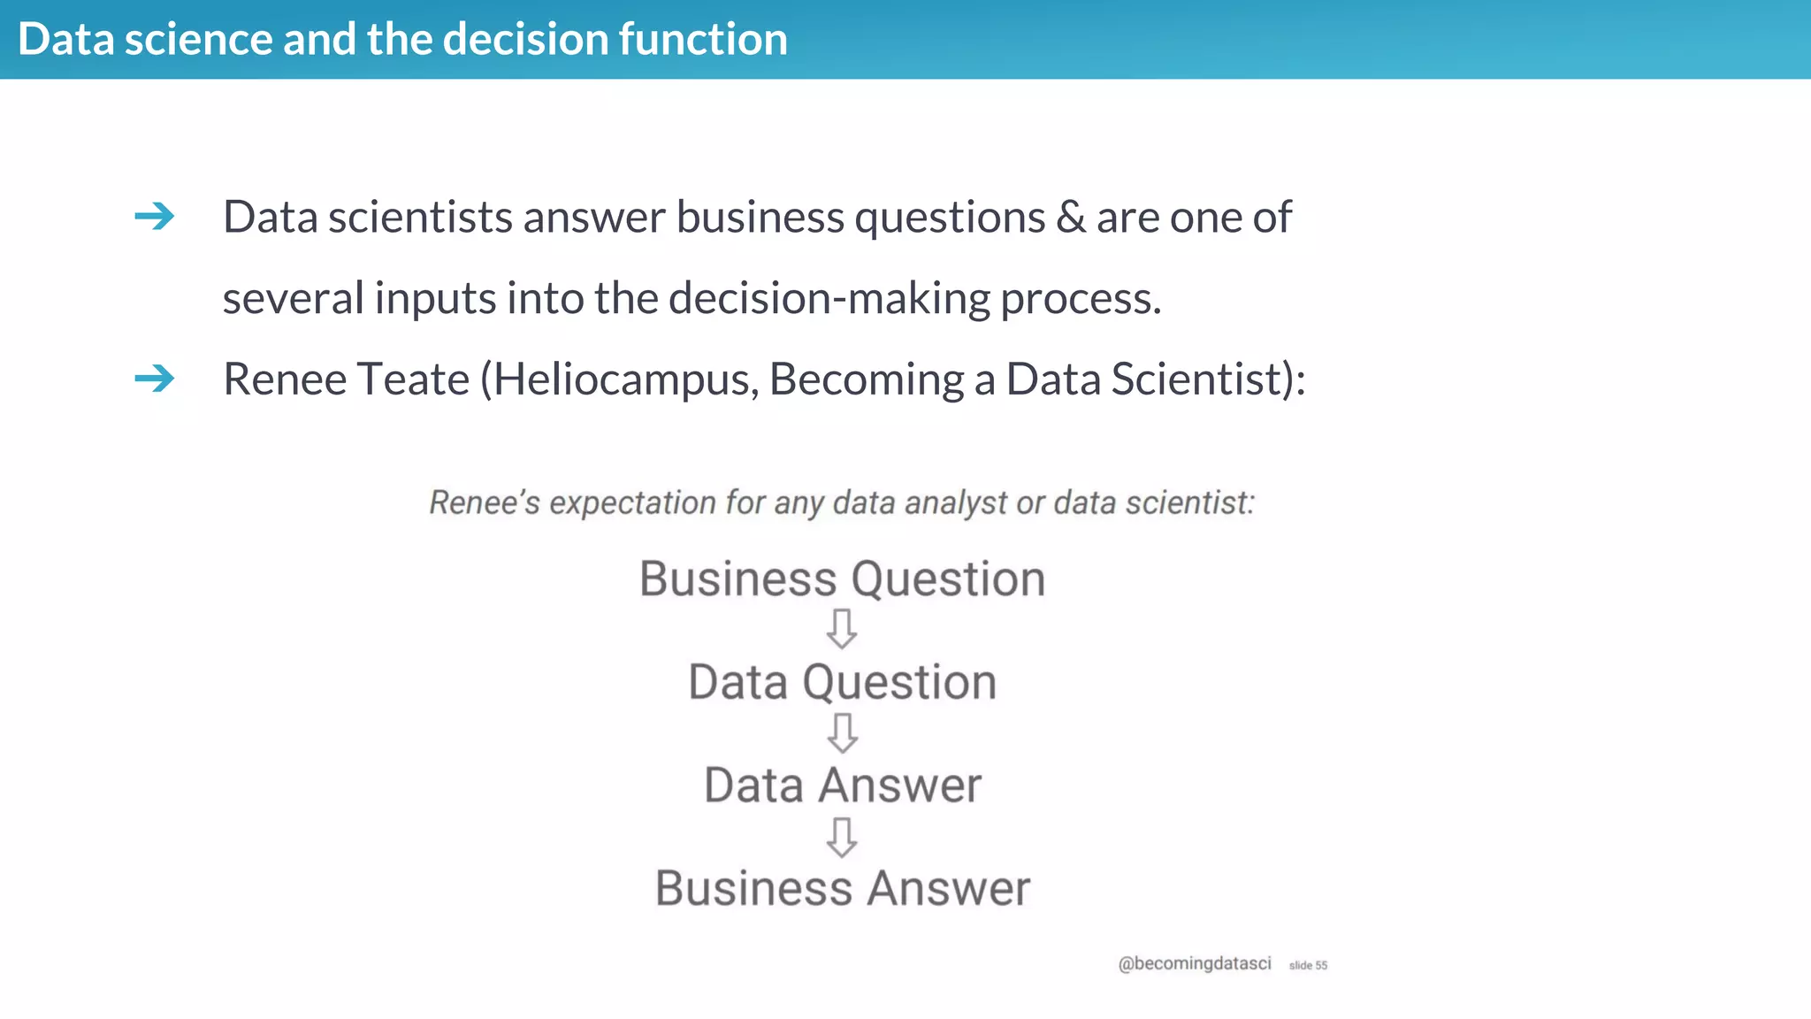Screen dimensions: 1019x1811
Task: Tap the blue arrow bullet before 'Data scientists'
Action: coord(155,216)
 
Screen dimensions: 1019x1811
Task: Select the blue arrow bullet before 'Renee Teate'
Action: coord(155,379)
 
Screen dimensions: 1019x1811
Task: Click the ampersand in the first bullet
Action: coord(1071,217)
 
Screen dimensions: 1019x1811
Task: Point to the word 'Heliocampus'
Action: coord(624,379)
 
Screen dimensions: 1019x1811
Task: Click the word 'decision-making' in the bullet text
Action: coord(829,298)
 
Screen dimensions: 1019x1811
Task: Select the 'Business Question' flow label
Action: coord(842,579)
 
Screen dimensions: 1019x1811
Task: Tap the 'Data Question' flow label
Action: coord(842,682)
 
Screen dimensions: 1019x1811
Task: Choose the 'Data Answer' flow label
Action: coord(842,785)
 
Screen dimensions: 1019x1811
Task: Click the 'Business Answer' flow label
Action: coord(842,888)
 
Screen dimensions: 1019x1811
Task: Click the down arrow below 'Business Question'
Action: coord(842,629)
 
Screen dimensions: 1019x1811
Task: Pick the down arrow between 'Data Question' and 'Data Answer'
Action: coord(842,733)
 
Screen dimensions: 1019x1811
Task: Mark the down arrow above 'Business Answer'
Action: coord(842,837)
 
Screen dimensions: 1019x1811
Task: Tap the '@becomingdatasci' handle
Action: coord(1194,963)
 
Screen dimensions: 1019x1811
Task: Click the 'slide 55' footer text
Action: coord(1308,965)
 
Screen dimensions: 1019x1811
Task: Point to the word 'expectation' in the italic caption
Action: coord(632,502)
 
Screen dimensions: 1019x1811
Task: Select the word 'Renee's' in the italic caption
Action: coord(484,502)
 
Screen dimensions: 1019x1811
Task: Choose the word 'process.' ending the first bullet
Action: coord(1081,298)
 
